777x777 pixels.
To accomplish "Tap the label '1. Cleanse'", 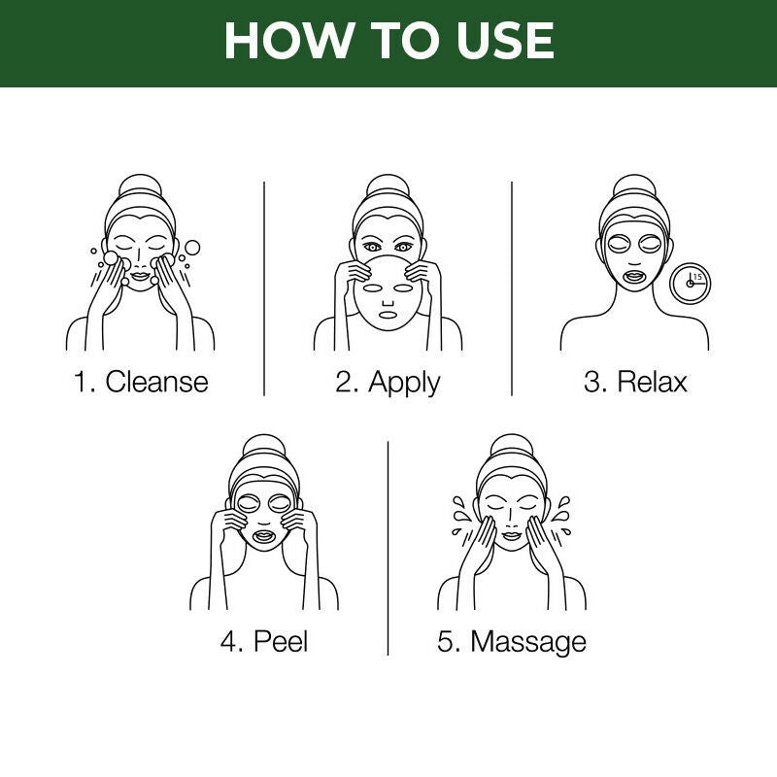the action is [141, 381].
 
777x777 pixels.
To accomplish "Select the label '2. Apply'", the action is [388, 381].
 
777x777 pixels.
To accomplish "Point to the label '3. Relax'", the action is [635, 381].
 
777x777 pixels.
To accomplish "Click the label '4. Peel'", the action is [264, 642].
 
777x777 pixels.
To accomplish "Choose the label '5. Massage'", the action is [512, 642].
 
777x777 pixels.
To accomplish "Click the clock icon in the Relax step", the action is [691, 284].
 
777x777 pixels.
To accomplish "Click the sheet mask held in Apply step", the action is [388, 296].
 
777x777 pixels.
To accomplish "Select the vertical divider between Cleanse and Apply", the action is [264, 287].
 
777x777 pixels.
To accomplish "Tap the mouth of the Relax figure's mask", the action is [634, 275].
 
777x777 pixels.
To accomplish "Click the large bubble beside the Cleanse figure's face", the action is [191, 248].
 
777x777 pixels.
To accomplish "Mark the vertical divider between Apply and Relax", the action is [512, 287].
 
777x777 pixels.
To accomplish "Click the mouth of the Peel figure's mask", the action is [263, 535].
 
